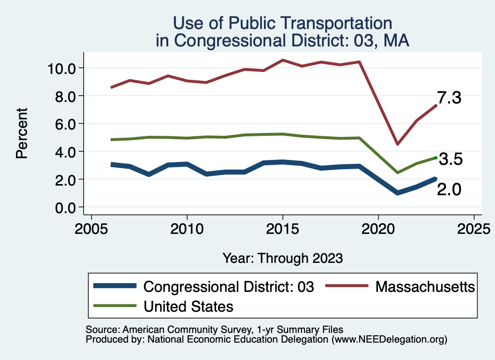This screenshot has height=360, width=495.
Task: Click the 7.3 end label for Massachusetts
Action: tap(450, 98)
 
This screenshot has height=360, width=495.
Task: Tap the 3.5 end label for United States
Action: tap(451, 159)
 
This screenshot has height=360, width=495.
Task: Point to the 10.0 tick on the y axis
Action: tap(62, 68)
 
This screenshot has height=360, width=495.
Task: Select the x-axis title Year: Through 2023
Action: tap(282, 258)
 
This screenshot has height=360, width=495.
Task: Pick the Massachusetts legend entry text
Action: tap(425, 287)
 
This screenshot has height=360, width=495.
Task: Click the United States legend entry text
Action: tap(189, 306)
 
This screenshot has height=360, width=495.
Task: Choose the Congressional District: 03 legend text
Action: tap(229, 287)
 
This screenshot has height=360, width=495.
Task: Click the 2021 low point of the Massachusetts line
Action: tap(397, 144)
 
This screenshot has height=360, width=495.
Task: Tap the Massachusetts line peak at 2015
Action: tap(283, 60)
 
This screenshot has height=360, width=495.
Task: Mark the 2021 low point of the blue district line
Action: tap(397, 193)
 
